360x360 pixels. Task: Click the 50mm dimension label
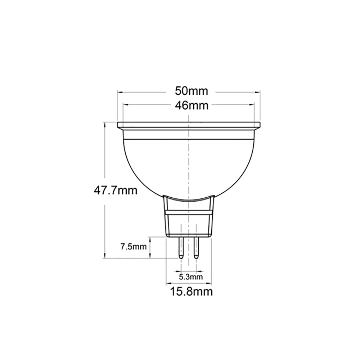coord(192,91)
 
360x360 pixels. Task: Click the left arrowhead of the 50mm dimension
coord(120,91)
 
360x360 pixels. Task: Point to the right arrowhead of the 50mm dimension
coord(258,91)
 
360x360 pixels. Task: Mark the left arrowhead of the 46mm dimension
coord(125,105)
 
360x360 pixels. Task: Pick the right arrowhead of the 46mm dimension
coord(253,105)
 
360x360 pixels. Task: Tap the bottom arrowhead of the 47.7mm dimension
coord(105,256)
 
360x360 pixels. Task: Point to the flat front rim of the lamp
coord(189,126)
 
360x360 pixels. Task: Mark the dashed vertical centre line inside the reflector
coord(189,162)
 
